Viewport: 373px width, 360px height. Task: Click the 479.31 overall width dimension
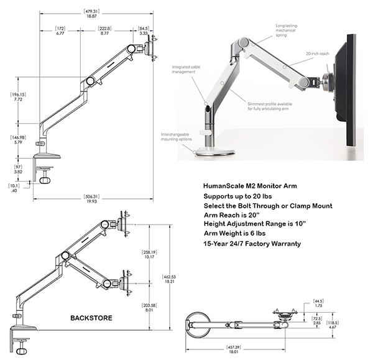tap(95, 12)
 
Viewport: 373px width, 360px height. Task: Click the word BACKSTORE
tap(91, 318)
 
